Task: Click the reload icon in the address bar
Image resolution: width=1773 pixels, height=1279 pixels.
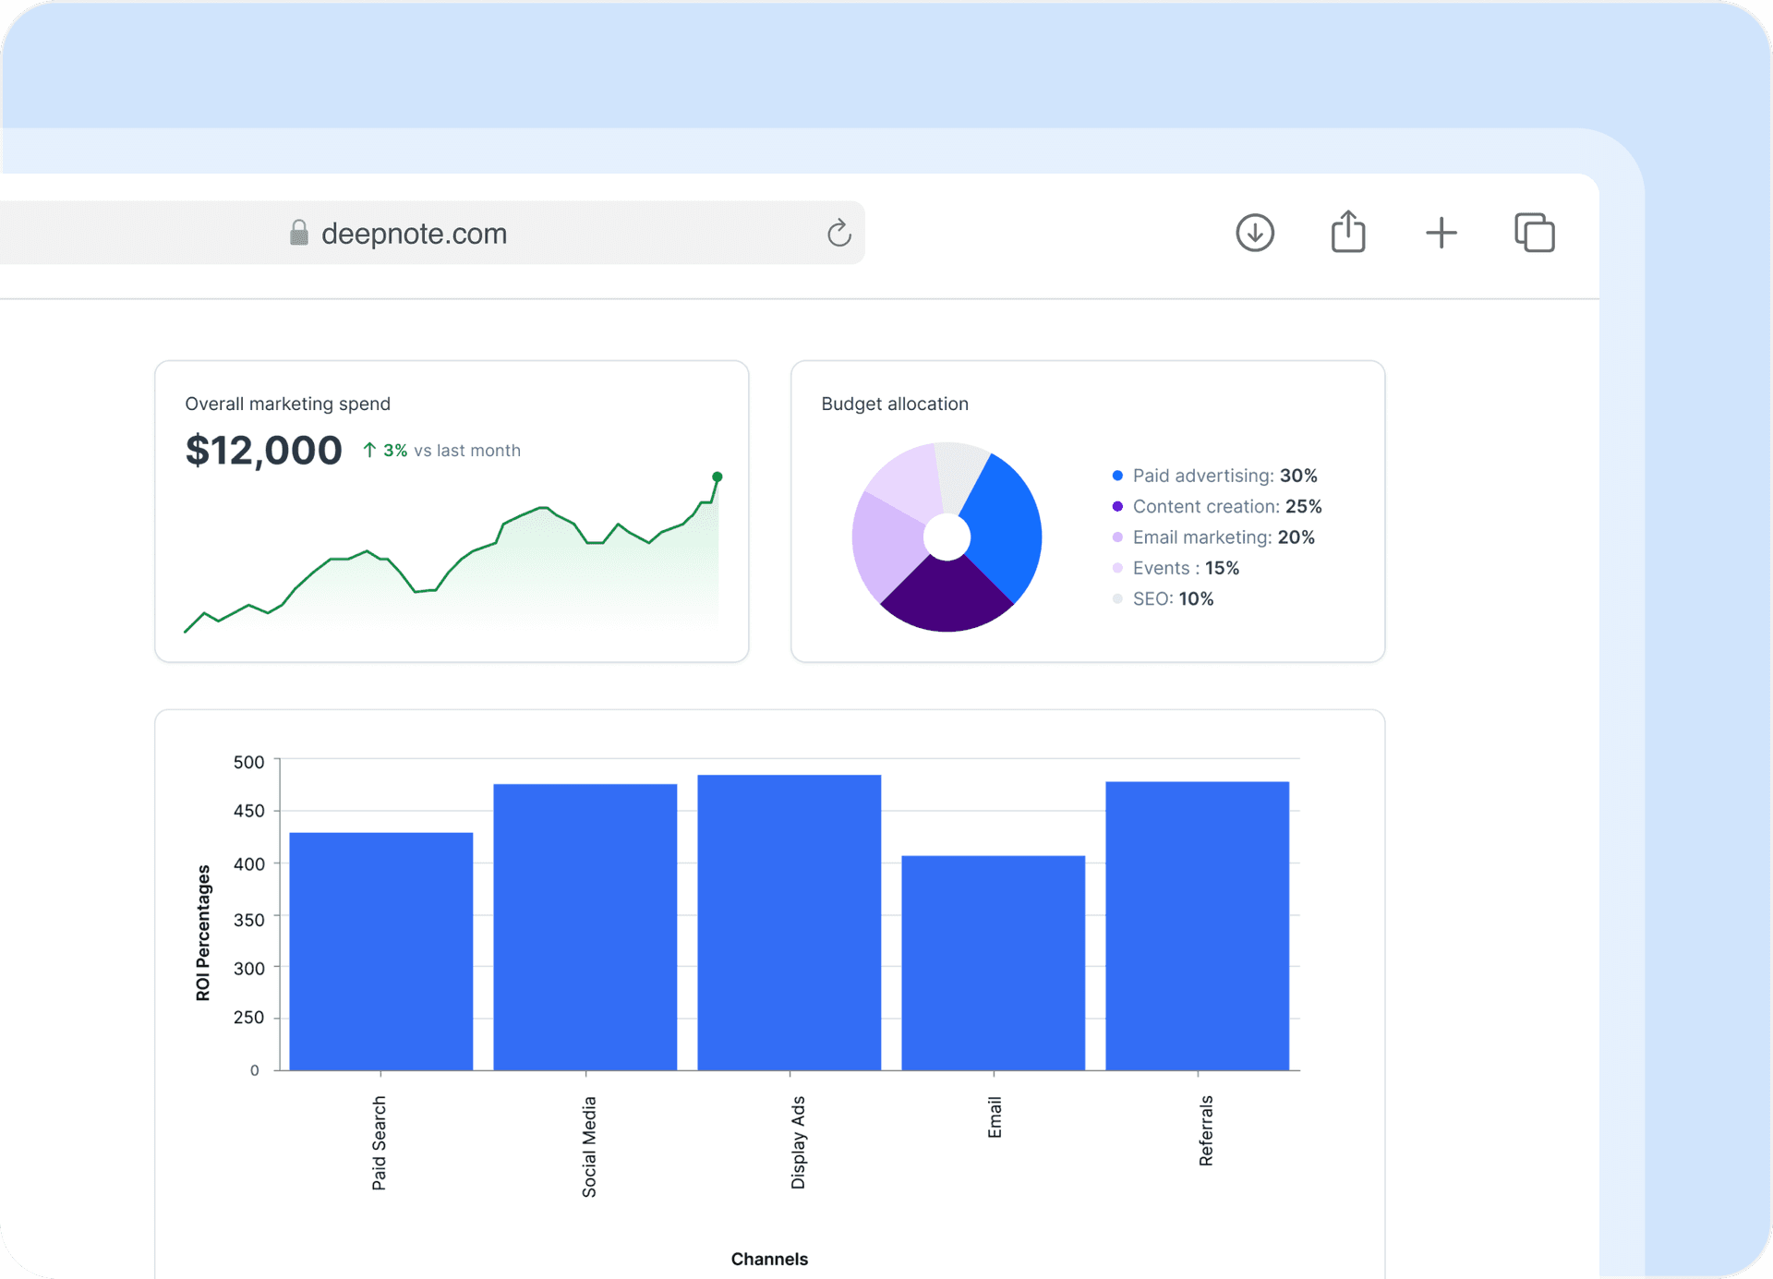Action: pyautogui.click(x=838, y=233)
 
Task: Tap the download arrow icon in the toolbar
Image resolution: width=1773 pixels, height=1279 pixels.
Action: pyautogui.click(x=1255, y=233)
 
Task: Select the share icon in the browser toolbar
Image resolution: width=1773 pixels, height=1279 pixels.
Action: pyautogui.click(x=1348, y=232)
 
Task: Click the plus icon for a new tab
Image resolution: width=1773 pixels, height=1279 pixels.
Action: pyautogui.click(x=1441, y=233)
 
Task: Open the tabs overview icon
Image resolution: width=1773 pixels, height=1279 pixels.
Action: pyautogui.click(x=1535, y=233)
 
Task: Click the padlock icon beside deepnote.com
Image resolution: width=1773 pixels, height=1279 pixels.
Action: pyautogui.click(x=298, y=232)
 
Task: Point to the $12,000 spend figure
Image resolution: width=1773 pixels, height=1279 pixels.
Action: pyautogui.click(x=263, y=451)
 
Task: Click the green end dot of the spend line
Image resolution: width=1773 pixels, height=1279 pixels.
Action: pyautogui.click(x=718, y=477)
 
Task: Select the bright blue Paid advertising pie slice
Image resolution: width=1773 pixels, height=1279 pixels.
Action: pyautogui.click(x=1004, y=526)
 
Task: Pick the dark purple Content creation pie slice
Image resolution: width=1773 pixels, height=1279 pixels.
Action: pyautogui.click(x=947, y=596)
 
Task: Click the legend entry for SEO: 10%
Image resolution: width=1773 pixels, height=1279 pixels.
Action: pyautogui.click(x=1172, y=598)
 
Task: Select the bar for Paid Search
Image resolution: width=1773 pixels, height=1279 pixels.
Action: pyautogui.click(x=381, y=951)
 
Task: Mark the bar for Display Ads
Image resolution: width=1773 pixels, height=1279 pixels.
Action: pyautogui.click(x=789, y=923)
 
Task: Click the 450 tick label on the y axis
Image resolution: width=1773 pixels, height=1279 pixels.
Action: pyautogui.click(x=249, y=811)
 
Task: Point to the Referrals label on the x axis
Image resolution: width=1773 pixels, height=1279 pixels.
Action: pyautogui.click(x=1206, y=1130)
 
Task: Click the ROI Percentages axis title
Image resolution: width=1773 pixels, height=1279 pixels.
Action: pyautogui.click(x=203, y=933)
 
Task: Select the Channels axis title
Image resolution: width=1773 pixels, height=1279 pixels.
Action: pyautogui.click(x=769, y=1259)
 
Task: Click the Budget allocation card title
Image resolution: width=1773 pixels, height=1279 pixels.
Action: pyautogui.click(x=894, y=404)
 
